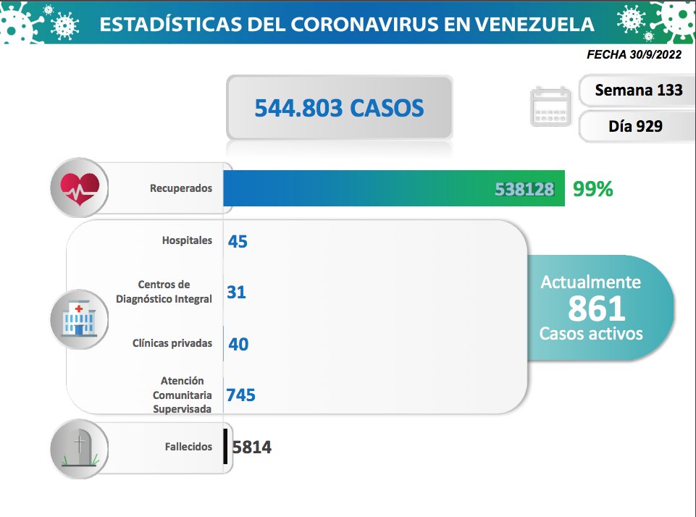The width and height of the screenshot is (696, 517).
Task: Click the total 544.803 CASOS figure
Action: pos(339,108)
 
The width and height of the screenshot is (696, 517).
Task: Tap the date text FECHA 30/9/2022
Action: pos(634,54)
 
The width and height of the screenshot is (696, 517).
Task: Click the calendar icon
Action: pos(550,106)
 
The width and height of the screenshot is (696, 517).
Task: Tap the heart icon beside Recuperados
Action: pos(79,188)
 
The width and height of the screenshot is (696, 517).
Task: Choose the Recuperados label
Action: pos(181,188)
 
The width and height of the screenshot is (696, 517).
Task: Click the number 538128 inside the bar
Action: pos(525,189)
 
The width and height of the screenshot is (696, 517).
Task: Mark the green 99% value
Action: pos(592,189)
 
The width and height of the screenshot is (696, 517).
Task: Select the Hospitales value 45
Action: pos(238,241)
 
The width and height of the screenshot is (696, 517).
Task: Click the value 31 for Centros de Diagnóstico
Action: pos(237,292)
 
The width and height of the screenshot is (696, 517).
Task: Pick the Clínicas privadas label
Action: pos(172,343)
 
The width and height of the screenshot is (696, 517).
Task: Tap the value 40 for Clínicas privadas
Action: pos(238,344)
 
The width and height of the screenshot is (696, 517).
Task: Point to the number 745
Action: pos(241,395)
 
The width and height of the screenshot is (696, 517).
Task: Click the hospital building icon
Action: pos(79,319)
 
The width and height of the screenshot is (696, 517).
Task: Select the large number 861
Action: pos(596,309)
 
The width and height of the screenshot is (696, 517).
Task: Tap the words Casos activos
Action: pos(591,334)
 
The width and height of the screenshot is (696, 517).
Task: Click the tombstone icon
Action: pos(79,447)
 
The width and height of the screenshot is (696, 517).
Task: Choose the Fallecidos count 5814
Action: pos(251,447)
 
